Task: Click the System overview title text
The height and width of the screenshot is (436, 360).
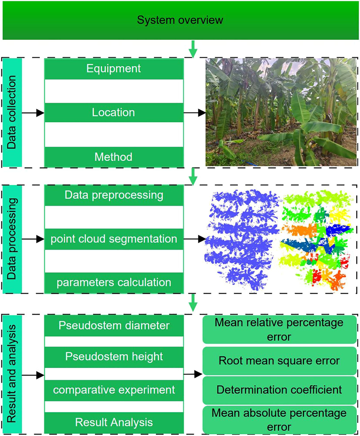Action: [180, 20]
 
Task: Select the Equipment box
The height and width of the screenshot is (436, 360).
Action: [114, 69]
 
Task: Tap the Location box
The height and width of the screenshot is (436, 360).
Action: [114, 113]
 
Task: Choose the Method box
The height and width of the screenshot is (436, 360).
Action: [114, 157]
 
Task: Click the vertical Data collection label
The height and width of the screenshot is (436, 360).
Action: [12, 113]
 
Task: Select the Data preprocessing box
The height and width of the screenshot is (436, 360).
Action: [114, 195]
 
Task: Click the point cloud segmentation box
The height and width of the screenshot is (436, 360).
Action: [114, 239]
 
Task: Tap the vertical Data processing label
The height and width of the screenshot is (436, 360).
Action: [12, 239]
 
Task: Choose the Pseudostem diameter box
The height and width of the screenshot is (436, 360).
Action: [114, 326]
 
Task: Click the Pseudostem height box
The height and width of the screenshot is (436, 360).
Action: [114, 357]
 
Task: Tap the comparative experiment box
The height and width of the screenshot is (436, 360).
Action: [114, 390]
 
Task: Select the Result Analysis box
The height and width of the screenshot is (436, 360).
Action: [114, 422]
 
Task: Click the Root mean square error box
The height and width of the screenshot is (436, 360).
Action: [279, 361]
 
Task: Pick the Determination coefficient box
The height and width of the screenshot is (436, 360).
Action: [279, 390]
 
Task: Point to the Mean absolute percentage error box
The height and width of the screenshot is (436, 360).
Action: [279, 420]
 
